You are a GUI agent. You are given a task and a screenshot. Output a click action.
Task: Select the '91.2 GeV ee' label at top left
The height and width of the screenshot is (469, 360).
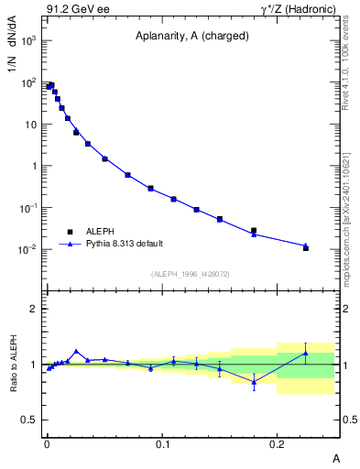click(71, 10)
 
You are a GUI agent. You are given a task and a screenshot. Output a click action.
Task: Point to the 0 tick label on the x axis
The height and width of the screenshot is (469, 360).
click(47, 442)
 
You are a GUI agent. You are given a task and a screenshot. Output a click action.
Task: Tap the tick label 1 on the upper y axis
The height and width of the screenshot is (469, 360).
click(34, 166)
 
